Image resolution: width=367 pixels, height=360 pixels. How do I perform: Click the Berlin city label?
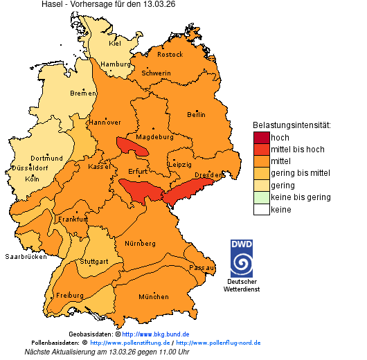tap(196, 114)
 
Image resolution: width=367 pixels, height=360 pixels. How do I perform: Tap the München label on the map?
tap(153, 296)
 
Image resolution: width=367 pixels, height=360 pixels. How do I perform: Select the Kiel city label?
tap(115, 43)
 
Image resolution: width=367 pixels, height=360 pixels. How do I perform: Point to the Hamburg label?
tap(116, 64)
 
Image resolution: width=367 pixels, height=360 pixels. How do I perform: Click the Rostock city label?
tap(170, 54)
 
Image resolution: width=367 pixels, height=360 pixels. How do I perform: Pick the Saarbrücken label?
tap(26, 256)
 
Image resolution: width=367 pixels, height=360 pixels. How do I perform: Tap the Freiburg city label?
tap(69, 296)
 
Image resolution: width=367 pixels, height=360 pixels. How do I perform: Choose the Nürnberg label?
tap(140, 244)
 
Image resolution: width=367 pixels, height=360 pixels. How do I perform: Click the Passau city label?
tap(202, 267)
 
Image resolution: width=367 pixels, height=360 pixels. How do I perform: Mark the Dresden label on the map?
tap(208, 175)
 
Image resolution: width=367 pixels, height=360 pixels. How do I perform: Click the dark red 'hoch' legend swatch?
tap(260, 137)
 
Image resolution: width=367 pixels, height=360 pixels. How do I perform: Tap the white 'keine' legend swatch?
tap(260, 209)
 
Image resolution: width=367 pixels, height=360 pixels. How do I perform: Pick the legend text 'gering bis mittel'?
tap(301, 173)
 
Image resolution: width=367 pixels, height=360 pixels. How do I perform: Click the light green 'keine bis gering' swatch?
tap(260, 197)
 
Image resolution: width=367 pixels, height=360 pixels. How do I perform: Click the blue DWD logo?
tap(241, 258)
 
